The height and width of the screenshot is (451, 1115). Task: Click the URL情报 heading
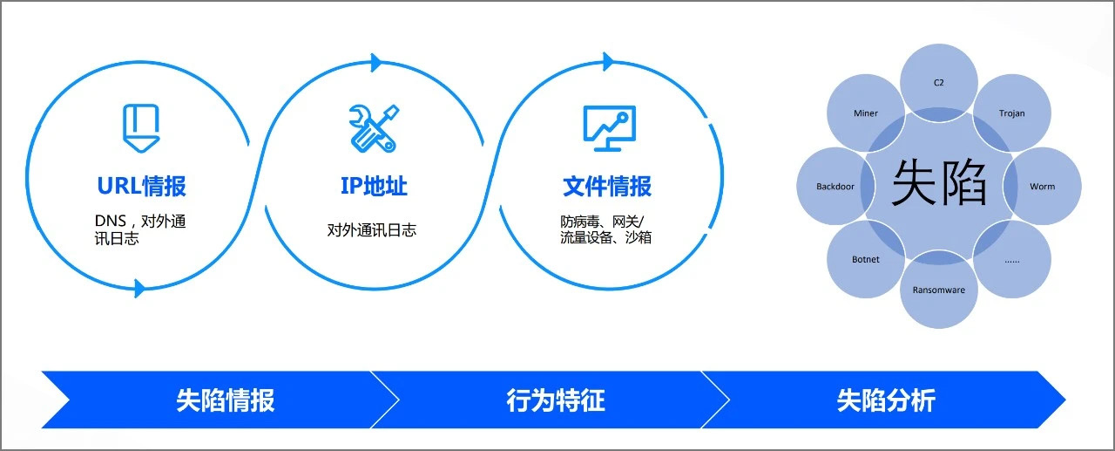141,186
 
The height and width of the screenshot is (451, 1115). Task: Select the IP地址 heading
374,186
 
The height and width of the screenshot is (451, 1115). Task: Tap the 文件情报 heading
607,187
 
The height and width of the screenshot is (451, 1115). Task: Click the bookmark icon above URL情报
141,128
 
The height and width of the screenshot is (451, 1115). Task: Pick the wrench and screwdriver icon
374,128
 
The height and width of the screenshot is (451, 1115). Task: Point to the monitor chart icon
609,128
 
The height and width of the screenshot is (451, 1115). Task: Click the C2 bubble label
939,83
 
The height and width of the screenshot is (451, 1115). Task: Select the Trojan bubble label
1012,113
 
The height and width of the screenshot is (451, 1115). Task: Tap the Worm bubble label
1043,187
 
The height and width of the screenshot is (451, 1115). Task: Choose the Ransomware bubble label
939,290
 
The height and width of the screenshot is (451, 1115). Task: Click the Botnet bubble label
866,259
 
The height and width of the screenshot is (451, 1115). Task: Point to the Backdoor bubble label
835,187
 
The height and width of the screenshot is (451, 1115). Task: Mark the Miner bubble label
866,113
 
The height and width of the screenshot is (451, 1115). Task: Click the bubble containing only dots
1012,259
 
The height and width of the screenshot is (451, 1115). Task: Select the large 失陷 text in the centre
939,182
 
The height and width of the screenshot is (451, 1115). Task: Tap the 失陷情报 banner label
225,400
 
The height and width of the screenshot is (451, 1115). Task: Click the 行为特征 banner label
556,400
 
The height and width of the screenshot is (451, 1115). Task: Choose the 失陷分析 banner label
886,400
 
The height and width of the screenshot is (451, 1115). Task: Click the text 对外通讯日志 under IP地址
371,230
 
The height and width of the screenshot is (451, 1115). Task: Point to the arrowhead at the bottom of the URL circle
140,289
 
